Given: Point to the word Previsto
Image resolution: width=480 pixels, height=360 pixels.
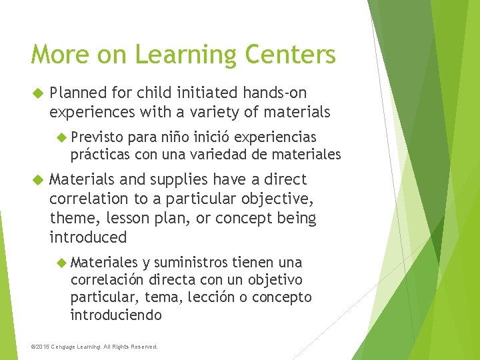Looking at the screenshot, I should (x=97, y=137).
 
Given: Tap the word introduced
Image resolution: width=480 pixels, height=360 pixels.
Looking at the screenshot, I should (x=88, y=237).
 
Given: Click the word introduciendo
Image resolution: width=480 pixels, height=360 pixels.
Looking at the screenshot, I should (x=116, y=315).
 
